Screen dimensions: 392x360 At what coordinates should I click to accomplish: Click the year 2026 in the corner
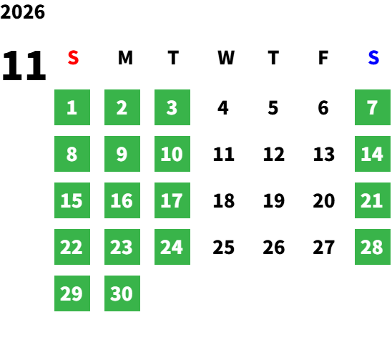[22, 12]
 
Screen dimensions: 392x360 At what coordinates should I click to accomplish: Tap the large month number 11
[24, 66]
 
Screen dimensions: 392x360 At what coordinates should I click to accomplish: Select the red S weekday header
[73, 58]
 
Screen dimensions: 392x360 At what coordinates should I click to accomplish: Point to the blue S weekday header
[373, 58]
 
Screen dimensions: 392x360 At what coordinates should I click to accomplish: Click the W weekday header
[226, 58]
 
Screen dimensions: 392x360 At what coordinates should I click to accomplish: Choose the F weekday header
[323, 58]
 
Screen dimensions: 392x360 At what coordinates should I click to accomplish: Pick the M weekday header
[125, 58]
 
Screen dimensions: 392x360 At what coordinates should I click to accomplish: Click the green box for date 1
[72, 107]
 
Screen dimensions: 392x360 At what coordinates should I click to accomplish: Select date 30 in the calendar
[122, 293]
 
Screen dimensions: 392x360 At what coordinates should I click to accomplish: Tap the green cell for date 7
[373, 107]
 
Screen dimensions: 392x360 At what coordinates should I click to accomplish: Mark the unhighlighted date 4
[222, 108]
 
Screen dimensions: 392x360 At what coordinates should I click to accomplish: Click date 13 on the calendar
[324, 154]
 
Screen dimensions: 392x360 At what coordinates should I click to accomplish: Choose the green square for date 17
[172, 200]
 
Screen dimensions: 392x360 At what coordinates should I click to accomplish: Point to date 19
[274, 200]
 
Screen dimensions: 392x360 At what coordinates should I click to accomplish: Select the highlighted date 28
[373, 247]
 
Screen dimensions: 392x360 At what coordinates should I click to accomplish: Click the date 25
[223, 247]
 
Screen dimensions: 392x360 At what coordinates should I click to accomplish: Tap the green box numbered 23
[122, 247]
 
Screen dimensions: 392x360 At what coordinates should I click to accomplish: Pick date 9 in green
[122, 154]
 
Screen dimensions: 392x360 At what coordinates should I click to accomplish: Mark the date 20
[324, 200]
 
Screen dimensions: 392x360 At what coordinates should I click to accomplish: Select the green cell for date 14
[373, 154]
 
